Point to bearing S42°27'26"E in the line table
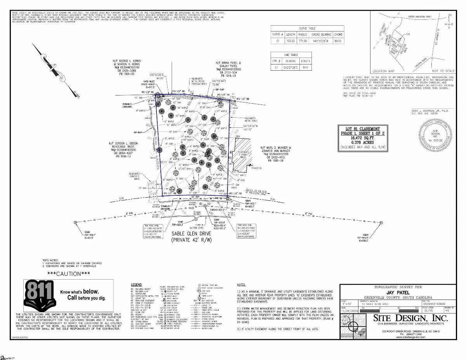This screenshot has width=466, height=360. tap(291, 68)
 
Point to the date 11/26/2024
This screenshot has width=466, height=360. tap(349, 311)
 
